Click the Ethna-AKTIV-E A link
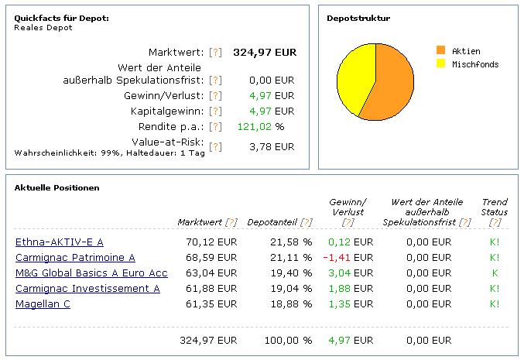59,242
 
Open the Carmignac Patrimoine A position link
75,258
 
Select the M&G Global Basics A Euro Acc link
91,273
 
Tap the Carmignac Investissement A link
87,289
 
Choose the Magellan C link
43,304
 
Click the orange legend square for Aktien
441,50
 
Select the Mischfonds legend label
475,64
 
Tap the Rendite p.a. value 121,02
259,127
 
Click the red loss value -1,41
341,258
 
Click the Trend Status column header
494,207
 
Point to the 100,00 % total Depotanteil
287,340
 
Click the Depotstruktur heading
358,18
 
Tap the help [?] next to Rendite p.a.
216,127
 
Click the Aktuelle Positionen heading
57,188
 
